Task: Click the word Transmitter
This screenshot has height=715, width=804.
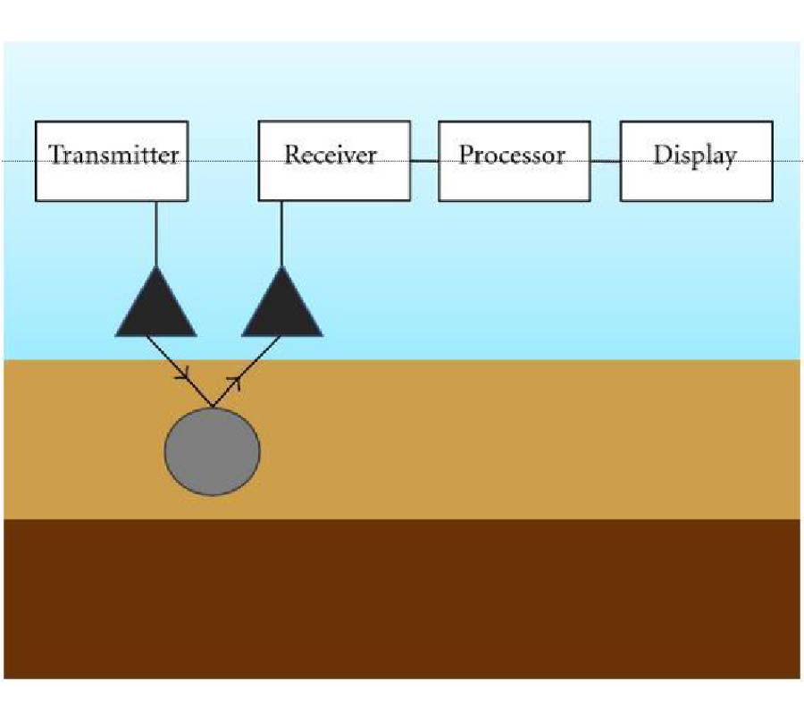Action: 113,155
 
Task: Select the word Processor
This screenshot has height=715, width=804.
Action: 513,155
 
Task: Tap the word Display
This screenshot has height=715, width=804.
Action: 695,155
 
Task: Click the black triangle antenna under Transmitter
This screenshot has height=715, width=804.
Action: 156,308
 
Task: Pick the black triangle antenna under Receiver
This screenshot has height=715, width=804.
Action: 282,308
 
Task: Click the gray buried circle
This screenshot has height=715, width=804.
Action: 213,451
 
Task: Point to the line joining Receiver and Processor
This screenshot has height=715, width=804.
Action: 424,161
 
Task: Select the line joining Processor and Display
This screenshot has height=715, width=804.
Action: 605,162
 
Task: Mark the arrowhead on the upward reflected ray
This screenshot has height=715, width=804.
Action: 237,382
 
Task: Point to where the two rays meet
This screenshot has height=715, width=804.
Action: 212,407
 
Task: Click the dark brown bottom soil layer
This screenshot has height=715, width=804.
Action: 402,599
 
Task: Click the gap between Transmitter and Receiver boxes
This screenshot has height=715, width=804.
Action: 223,161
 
